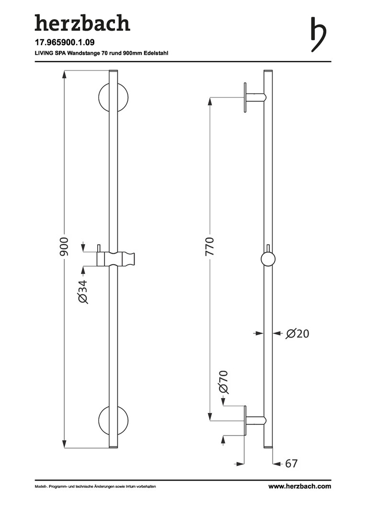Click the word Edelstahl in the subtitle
click(156, 53)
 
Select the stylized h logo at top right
click(318, 35)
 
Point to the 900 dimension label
click(64, 247)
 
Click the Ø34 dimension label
click(82, 292)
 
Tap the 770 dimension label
click(209, 247)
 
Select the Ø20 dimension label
click(297, 334)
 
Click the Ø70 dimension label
click(223, 382)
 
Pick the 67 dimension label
click(291, 463)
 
